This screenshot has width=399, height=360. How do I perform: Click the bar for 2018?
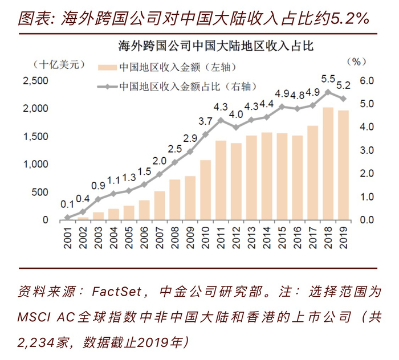328,164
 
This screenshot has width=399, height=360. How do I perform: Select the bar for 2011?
221,180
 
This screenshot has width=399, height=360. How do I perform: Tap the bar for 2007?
160,206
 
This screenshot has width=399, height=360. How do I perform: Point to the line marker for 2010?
206,134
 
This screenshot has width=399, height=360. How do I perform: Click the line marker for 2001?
67,217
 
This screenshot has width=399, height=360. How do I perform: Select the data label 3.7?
206,121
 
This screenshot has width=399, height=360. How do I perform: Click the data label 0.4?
83,199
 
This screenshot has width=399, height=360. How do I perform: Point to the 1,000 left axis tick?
35,165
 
